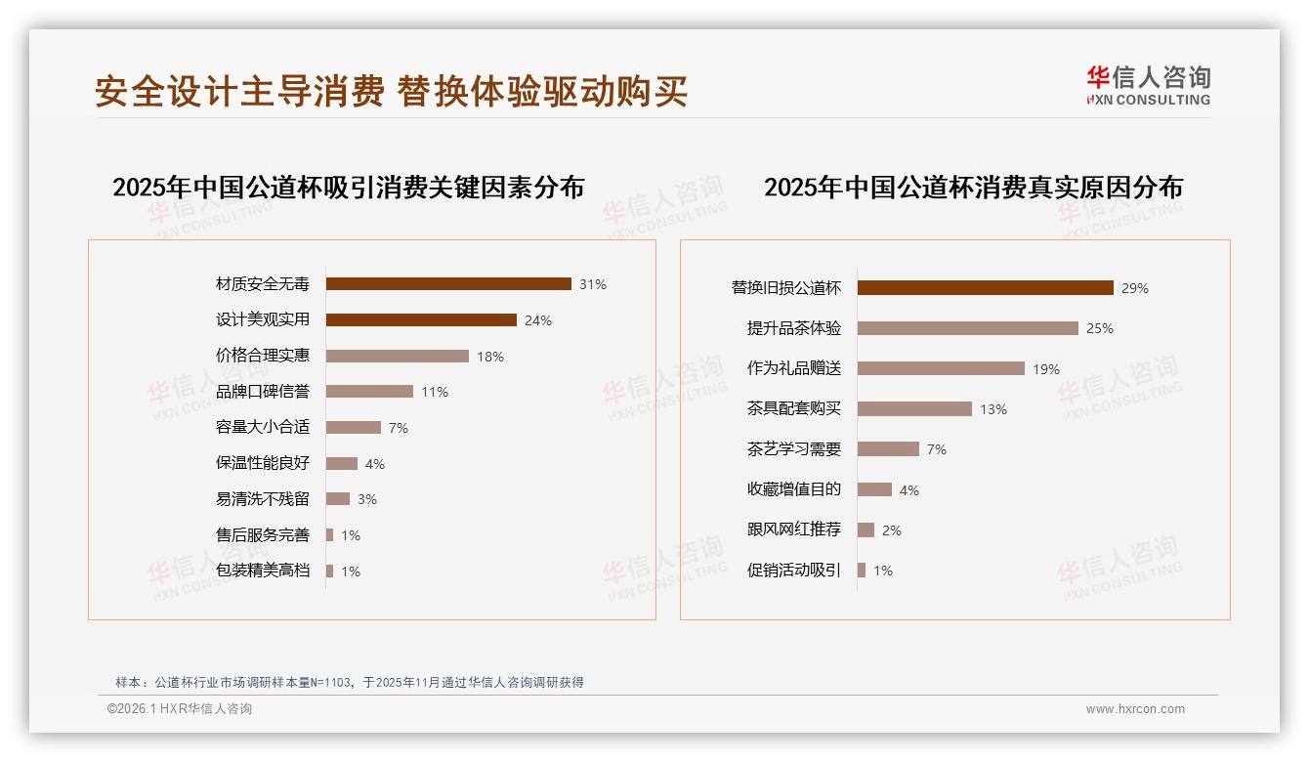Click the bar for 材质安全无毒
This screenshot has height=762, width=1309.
pyautogui.click(x=448, y=284)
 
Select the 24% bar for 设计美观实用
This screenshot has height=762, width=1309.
pyautogui.click(x=421, y=319)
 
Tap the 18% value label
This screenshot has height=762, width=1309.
pyautogui.click(x=490, y=357)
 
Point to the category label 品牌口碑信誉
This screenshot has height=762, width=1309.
pyautogui.click(x=263, y=392)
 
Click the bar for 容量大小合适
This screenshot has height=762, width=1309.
pyautogui.click(x=354, y=427)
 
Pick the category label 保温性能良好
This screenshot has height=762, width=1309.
pyautogui.click(x=263, y=463)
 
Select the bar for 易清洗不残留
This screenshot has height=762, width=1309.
pyautogui.click(x=338, y=499)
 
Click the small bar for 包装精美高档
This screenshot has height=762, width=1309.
pyautogui.click(x=330, y=571)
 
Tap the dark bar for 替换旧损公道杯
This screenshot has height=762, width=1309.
pyautogui.click(x=986, y=287)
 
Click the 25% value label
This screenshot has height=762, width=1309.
pyautogui.click(x=1100, y=328)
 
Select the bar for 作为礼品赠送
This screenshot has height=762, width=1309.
pyautogui.click(x=941, y=368)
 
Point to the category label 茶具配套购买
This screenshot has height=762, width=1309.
pyautogui.click(x=794, y=409)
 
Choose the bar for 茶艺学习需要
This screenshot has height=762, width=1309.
pyautogui.click(x=888, y=449)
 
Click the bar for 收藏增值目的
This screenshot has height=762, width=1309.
pyautogui.click(x=874, y=489)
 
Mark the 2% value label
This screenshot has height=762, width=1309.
pyautogui.click(x=892, y=530)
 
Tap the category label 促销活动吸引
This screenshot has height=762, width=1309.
pyautogui.click(x=794, y=571)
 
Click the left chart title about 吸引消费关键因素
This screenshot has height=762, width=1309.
pyautogui.click(x=348, y=187)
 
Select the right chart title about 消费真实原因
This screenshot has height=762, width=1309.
pyautogui.click(x=973, y=187)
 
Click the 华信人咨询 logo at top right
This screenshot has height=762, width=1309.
pyautogui.click(x=1148, y=85)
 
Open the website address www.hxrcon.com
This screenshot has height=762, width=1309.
pyautogui.click(x=1135, y=709)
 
